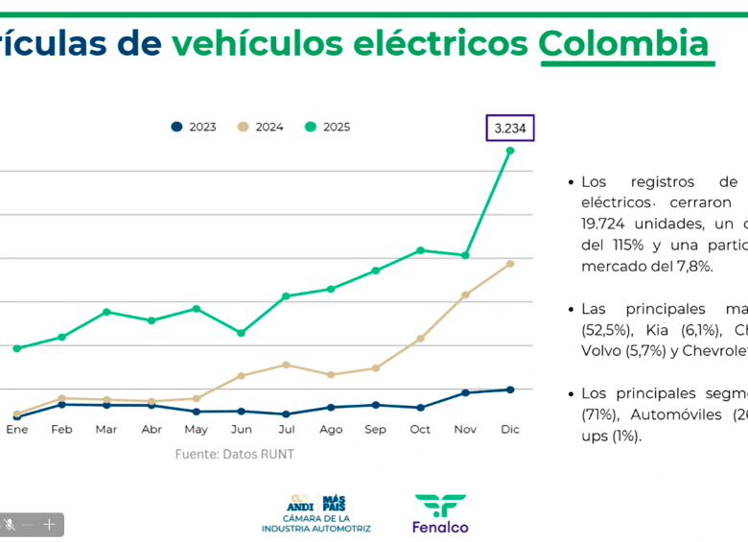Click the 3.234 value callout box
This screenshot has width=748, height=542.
[509, 128]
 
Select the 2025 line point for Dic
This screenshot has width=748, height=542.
[510, 151]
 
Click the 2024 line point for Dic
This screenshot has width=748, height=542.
[510, 264]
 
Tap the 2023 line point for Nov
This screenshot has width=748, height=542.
[465, 392]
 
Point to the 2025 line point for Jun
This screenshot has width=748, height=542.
[241, 333]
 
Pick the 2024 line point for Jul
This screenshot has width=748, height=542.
[286, 365]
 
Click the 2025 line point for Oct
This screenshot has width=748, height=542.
[420, 250]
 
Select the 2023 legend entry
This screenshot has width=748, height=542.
[194, 127]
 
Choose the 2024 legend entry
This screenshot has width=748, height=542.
[261, 127]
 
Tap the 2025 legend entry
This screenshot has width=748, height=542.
[328, 127]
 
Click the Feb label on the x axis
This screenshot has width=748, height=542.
[61, 430]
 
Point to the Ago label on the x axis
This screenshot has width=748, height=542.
[331, 430]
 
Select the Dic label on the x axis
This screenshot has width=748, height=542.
[510, 430]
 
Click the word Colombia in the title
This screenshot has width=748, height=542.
[624, 44]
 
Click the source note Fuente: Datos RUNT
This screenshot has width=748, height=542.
[234, 454]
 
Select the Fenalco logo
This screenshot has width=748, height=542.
[440, 513]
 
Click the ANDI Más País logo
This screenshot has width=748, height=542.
[316, 513]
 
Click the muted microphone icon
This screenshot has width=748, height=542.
[10, 525]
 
